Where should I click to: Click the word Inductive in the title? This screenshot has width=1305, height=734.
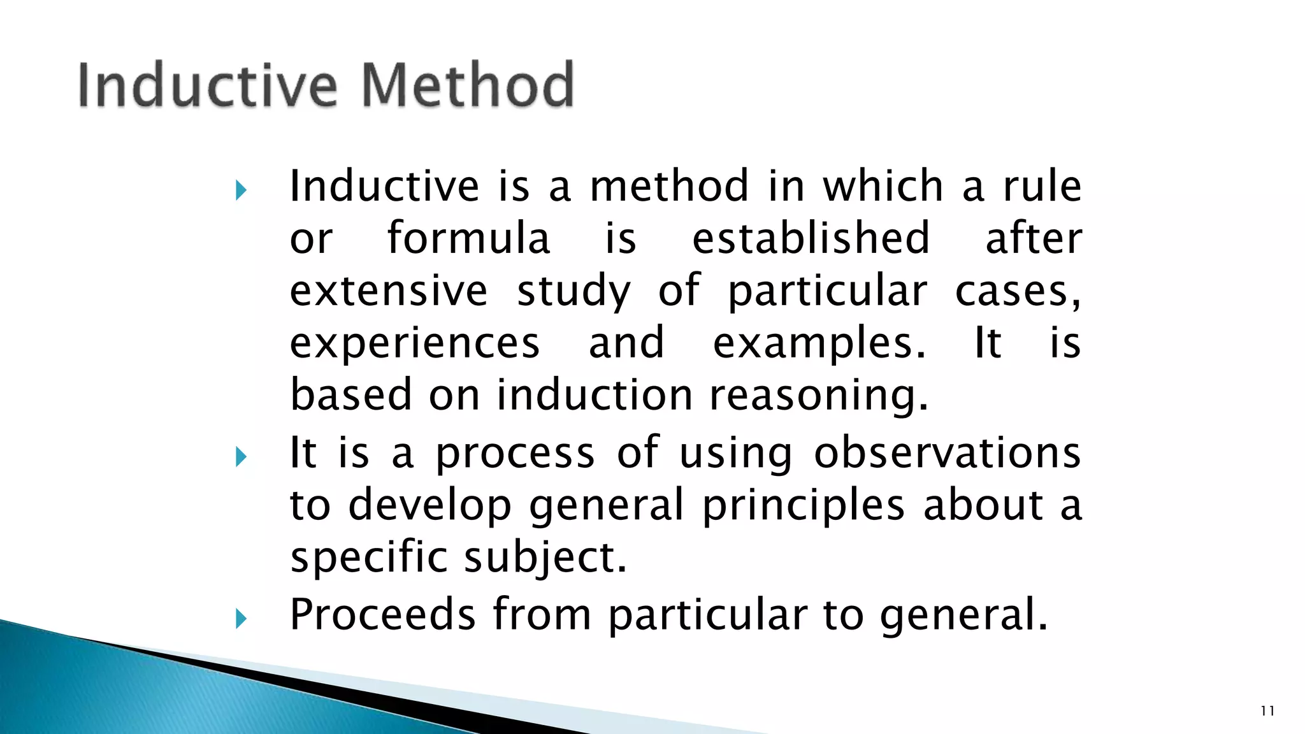207,85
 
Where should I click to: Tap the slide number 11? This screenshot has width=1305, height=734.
1267,711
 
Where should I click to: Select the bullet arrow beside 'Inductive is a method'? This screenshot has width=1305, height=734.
240,190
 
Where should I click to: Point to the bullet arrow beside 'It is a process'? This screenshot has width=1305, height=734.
240,456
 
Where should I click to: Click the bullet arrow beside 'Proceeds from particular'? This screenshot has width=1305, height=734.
240,618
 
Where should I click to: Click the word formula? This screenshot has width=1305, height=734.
468,238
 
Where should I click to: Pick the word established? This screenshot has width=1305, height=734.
811,238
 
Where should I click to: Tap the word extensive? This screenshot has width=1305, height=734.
389,291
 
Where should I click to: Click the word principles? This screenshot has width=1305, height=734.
803,505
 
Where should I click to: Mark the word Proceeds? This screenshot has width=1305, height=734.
382,614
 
